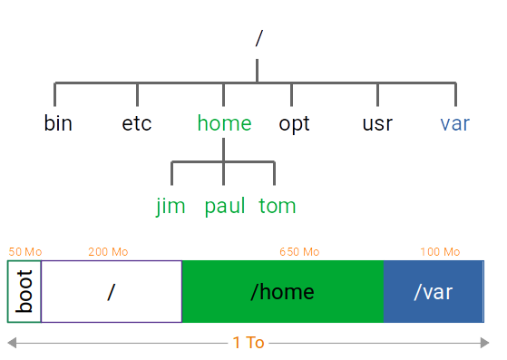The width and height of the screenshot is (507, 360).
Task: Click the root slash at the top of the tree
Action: pos(258,38)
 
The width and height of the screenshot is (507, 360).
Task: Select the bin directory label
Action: pos(58,123)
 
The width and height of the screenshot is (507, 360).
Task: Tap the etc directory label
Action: pos(137,123)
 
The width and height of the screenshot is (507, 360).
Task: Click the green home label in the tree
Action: pos(224,123)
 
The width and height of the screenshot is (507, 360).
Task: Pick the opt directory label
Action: pos(294,123)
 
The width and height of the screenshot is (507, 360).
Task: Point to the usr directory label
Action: pos(376,123)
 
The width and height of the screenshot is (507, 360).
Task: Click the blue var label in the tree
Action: pos(454,123)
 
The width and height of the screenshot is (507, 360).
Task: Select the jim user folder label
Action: pos(171,206)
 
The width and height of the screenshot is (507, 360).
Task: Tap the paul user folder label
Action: pos(224,206)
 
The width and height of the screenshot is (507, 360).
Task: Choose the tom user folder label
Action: pos(277,206)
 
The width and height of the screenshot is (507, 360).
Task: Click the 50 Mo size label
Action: pos(25,252)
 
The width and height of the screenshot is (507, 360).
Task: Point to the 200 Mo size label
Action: pos(108,252)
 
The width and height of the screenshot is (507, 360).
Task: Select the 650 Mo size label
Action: pos(299,252)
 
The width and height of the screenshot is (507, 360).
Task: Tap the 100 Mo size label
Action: pos(440,252)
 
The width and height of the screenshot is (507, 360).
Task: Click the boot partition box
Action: pos(24,291)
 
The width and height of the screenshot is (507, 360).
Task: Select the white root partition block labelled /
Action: pos(112,291)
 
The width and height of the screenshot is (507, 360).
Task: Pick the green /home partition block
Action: pos(283,291)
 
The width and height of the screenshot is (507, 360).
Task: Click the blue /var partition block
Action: pos(434,291)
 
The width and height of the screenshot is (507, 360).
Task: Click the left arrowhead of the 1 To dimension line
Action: pos(12,343)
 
